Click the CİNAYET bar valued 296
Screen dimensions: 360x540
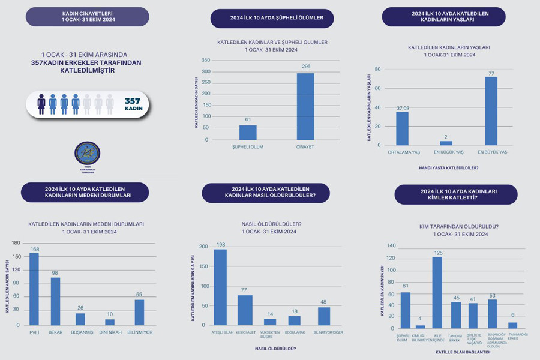[x=305, y=107]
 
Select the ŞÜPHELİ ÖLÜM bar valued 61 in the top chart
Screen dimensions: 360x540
[x=248, y=133]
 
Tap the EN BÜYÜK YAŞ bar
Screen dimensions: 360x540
[x=491, y=111]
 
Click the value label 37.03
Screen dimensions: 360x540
[x=402, y=108]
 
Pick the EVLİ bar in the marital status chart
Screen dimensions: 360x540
[x=34, y=289]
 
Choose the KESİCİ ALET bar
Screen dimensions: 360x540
[x=245, y=310]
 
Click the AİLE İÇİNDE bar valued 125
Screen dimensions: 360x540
[x=437, y=292]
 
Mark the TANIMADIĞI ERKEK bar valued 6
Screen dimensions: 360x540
[x=512, y=325]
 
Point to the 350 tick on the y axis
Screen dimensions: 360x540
[x=205, y=61]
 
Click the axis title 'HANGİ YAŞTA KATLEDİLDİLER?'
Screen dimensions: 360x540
[x=449, y=167]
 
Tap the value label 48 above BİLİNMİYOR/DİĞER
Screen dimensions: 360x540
[x=323, y=302]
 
